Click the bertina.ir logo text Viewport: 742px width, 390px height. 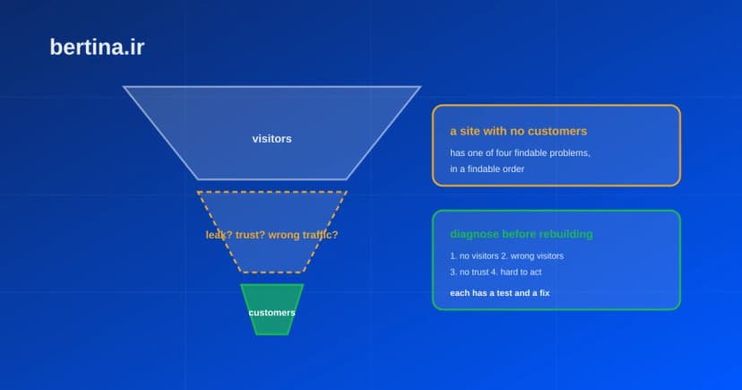click(97, 48)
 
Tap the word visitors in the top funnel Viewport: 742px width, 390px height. click(272, 139)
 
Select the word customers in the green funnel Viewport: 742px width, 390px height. click(272, 312)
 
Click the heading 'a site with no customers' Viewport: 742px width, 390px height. click(518, 131)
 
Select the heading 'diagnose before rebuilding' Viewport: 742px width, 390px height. click(522, 234)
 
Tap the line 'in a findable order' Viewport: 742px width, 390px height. click(487, 169)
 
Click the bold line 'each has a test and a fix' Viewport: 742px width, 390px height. click(500, 293)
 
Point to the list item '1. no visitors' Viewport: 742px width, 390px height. click(474, 256)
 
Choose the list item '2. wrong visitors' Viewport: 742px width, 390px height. click(532, 256)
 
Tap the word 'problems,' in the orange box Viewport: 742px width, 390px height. click(571, 153)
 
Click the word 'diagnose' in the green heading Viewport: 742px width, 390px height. click(475, 234)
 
